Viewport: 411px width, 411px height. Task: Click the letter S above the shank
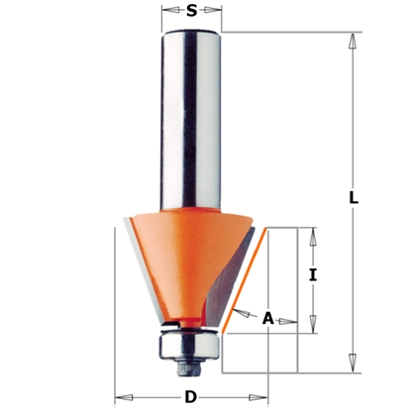click(191, 13)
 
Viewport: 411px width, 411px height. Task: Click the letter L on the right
click(354, 197)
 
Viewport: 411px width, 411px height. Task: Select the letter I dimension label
click(312, 277)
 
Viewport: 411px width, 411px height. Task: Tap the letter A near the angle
click(267, 319)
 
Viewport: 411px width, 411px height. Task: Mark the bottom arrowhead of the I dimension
click(312, 328)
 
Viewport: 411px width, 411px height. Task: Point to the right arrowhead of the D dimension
click(261, 398)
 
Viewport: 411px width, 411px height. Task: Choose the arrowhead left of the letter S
click(167, 14)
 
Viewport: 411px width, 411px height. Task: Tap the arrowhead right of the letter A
click(288, 320)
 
